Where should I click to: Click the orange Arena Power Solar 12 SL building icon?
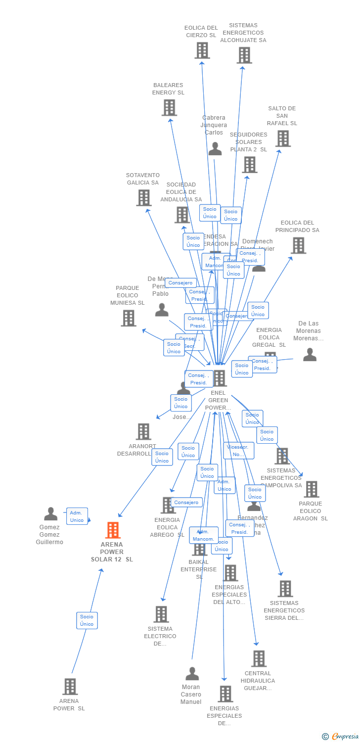[x=113, y=530]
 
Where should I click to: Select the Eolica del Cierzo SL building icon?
[x=202, y=50]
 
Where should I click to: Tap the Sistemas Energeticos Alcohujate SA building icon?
[x=244, y=55]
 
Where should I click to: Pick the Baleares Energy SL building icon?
[x=169, y=107]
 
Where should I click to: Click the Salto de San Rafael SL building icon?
[x=283, y=139]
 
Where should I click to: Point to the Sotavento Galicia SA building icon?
[x=143, y=198]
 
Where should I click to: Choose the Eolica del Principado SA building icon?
[x=298, y=245]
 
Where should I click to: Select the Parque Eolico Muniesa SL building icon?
[x=129, y=318]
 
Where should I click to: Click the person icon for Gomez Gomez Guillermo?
[x=50, y=514]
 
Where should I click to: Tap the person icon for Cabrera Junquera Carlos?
[x=215, y=148]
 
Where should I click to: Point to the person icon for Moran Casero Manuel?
[x=192, y=674]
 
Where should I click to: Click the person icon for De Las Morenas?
[x=310, y=354]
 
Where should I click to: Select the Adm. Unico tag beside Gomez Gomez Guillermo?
[x=77, y=516]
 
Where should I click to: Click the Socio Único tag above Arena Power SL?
[x=87, y=620]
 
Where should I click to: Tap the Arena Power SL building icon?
[x=70, y=687]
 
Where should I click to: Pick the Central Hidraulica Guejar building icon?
[x=259, y=658]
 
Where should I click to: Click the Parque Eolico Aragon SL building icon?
[x=311, y=489]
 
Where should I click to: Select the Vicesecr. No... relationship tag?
[x=238, y=451]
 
